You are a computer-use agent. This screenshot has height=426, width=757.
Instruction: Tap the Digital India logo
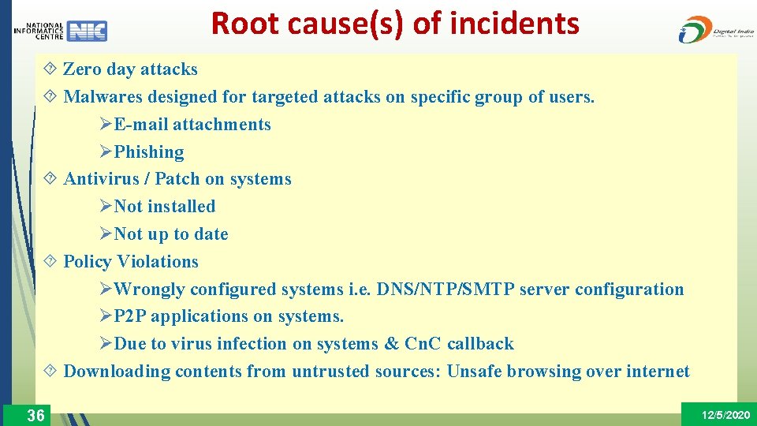click(x=715, y=29)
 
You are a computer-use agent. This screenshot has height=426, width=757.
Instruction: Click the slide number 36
click(x=35, y=415)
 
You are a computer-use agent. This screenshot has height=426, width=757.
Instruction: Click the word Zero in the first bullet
click(x=82, y=69)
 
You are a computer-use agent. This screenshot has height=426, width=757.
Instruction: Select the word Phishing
click(x=149, y=152)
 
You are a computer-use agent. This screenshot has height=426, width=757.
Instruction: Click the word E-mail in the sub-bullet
click(x=141, y=125)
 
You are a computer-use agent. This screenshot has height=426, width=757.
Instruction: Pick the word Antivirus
click(x=100, y=179)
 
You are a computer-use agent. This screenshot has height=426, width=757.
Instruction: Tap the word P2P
click(x=130, y=316)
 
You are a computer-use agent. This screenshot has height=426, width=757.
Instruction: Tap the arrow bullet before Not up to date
click(x=106, y=234)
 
